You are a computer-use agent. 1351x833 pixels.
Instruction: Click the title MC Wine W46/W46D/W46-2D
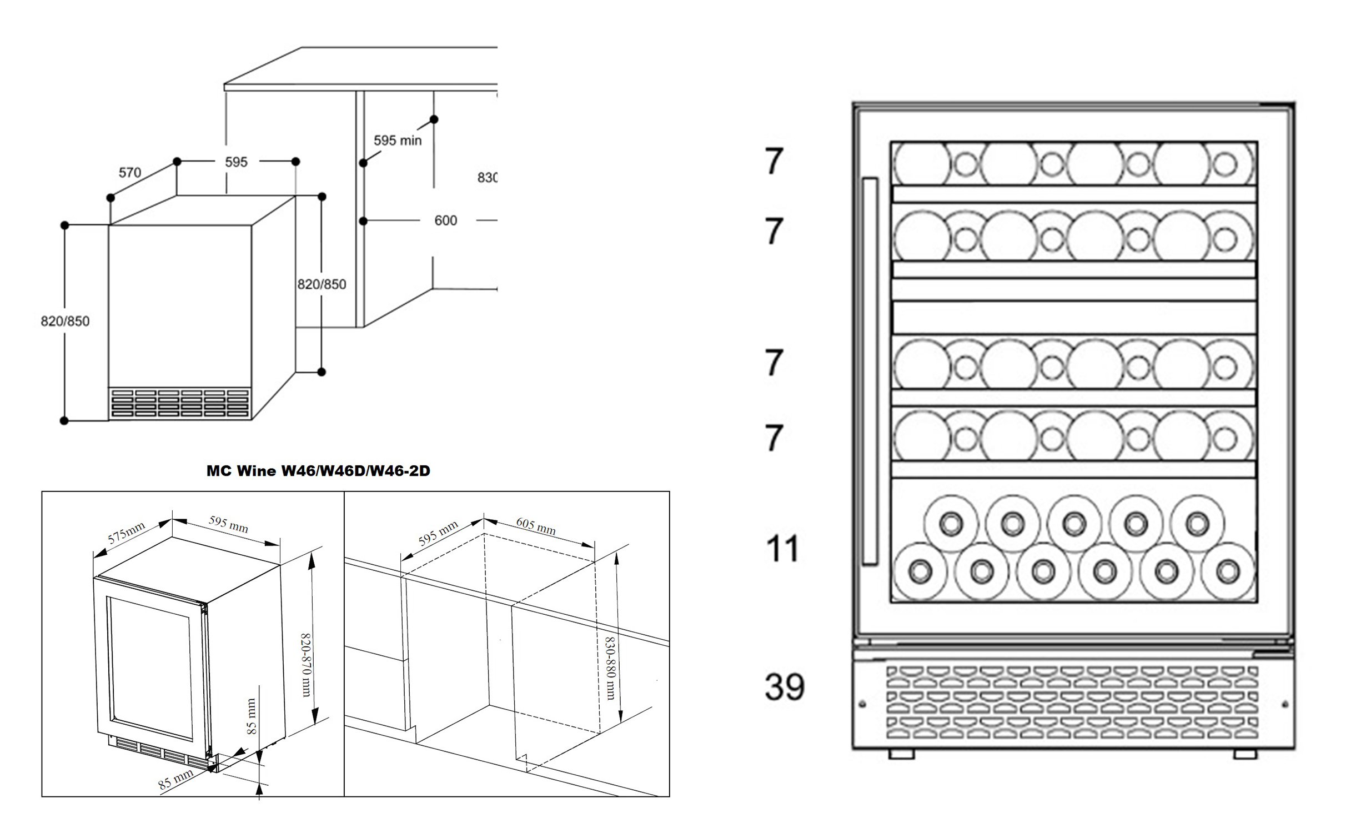click(x=318, y=471)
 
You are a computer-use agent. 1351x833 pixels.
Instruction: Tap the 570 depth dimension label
click(x=130, y=173)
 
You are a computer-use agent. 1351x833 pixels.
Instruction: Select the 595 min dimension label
click(x=397, y=140)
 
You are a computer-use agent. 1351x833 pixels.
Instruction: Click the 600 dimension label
click(x=445, y=220)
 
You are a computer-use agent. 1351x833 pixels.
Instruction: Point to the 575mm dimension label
click(x=127, y=533)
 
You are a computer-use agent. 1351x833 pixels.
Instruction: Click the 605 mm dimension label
click(x=536, y=525)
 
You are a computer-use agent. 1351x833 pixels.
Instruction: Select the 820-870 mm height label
click(x=305, y=665)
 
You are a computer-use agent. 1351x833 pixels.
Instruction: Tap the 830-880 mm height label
click(x=610, y=668)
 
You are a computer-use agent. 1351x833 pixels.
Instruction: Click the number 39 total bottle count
click(x=784, y=687)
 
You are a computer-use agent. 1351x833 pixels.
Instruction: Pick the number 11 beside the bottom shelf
click(x=782, y=549)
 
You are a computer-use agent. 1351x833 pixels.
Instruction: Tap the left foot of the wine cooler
click(x=901, y=754)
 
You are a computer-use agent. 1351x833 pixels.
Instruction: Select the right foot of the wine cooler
click(x=1245, y=754)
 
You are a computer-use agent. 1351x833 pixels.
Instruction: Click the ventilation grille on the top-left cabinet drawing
click(x=180, y=403)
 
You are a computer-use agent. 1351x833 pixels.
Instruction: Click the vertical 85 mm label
click(x=252, y=716)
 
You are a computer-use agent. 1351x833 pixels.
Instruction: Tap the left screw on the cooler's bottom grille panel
click(x=862, y=704)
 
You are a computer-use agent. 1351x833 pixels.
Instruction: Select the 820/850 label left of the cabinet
click(x=65, y=322)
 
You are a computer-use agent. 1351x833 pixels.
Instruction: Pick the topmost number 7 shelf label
click(x=774, y=161)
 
